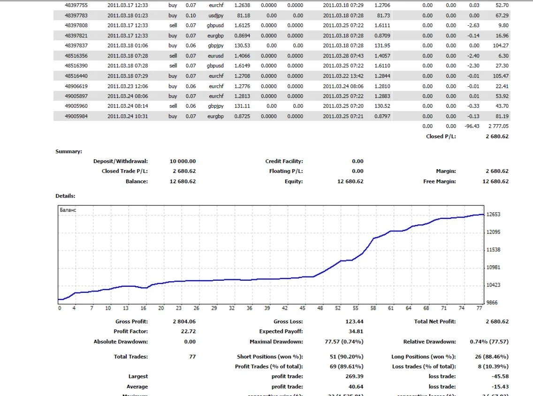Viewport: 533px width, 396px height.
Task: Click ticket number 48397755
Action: pyautogui.click(x=76, y=5)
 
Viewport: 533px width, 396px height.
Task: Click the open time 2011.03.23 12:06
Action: pyautogui.click(x=128, y=86)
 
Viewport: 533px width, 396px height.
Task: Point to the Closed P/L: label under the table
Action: pyautogui.click(x=441, y=136)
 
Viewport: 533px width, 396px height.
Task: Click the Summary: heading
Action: pyautogui.click(x=69, y=151)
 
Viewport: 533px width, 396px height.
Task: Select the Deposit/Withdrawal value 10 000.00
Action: pyautogui.click(x=183, y=161)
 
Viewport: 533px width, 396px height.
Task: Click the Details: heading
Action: pyautogui.click(x=65, y=196)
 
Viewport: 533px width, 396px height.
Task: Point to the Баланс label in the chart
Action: pyautogui.click(x=68, y=210)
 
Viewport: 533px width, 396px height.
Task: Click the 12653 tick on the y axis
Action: pyautogui.click(x=494, y=215)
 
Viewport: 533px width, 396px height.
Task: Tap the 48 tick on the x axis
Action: pyautogui.click(x=320, y=308)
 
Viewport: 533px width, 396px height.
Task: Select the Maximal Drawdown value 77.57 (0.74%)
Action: pyautogui.click(x=344, y=342)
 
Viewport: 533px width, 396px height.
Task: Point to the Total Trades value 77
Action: pyautogui.click(x=192, y=357)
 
